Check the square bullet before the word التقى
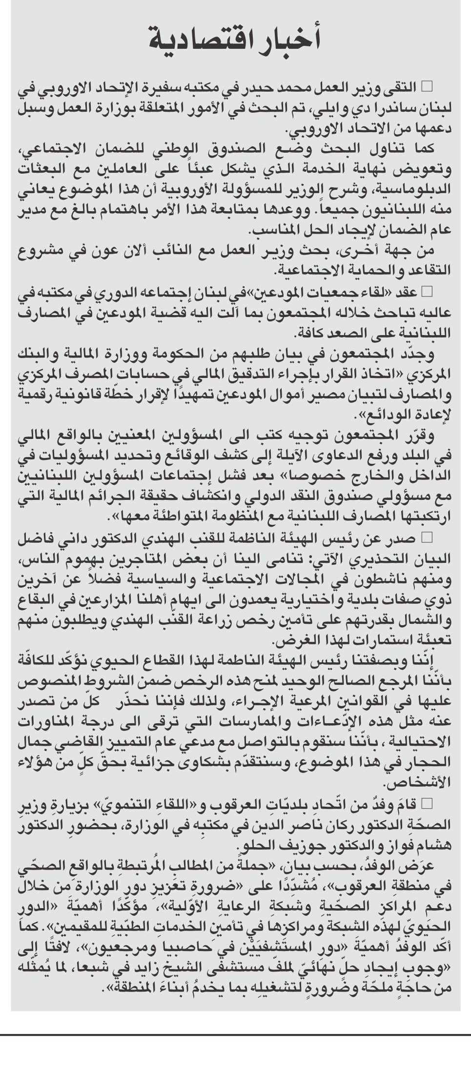[427, 87]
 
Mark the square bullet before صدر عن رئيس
[427, 538]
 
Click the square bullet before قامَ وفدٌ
[427, 803]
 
